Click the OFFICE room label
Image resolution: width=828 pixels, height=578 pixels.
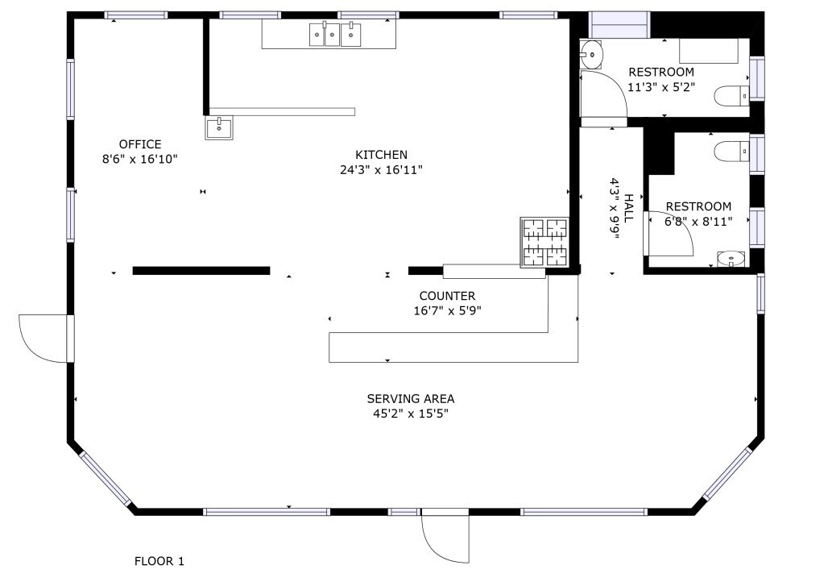point(140,144)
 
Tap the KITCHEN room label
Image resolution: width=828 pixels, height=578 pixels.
point(381,155)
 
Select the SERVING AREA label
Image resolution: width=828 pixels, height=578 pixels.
point(411,399)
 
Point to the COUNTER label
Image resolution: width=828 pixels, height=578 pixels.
point(447,296)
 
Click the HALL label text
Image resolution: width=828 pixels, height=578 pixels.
point(628,208)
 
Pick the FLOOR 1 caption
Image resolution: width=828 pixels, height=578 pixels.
point(159,561)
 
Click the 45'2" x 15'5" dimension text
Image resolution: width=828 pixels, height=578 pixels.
point(411,414)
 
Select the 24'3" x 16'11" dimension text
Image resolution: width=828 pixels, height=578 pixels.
point(381,169)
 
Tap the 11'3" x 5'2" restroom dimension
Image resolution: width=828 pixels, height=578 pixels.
point(661,86)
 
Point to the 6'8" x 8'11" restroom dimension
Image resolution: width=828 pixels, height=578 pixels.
point(698,222)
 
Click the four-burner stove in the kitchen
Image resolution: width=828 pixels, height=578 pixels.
point(544,242)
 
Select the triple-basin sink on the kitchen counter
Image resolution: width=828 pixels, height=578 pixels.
point(335,35)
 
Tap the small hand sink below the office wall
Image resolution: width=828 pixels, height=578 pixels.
point(218,127)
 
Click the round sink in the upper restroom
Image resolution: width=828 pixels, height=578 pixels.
point(591,55)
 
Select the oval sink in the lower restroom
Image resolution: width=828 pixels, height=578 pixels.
point(731,259)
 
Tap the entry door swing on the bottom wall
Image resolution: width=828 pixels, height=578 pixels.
point(445,536)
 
